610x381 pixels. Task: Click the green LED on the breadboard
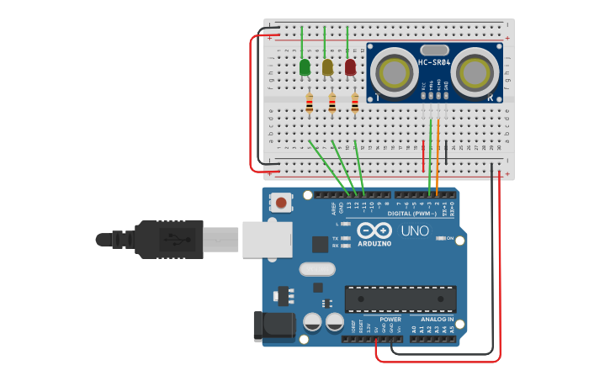(305, 66)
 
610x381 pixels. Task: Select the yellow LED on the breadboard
(327, 66)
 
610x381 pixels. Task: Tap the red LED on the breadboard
(350, 66)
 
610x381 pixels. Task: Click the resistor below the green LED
(309, 103)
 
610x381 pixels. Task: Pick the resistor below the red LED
(354, 103)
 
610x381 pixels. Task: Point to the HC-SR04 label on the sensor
(434, 62)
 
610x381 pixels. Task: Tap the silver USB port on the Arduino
(267, 239)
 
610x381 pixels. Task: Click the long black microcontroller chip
(400, 299)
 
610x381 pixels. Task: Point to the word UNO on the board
(414, 231)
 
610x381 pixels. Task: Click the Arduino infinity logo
(374, 230)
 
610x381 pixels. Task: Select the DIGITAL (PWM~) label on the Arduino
(413, 214)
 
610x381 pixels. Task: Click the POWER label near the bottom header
(390, 320)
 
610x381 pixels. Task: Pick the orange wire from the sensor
(438, 156)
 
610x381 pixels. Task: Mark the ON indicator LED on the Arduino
(441, 238)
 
